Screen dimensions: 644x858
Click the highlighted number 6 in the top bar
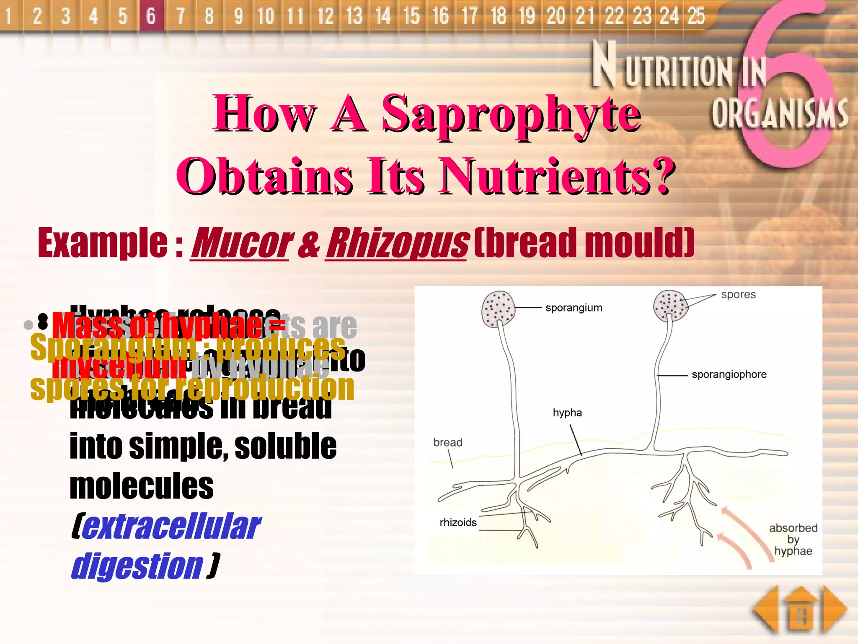click(x=151, y=16)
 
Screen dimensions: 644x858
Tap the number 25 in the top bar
click(x=696, y=16)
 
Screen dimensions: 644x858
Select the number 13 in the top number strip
click(x=354, y=16)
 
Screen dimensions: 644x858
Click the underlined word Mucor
click(x=240, y=243)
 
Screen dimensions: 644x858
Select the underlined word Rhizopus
click(x=396, y=243)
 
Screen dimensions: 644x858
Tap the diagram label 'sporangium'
click(x=574, y=308)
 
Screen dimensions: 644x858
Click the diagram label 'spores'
click(x=738, y=294)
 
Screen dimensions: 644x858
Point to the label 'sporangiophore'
click(x=729, y=374)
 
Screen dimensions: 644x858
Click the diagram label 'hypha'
click(x=567, y=413)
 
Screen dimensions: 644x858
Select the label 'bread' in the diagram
click(x=447, y=442)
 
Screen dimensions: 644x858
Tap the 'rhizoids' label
click(x=458, y=522)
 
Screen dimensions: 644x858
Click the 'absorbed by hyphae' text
click(x=793, y=539)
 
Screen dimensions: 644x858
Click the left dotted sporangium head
click(x=498, y=309)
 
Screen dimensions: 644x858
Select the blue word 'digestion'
click(x=137, y=566)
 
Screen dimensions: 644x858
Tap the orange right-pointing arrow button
click(x=835, y=609)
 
